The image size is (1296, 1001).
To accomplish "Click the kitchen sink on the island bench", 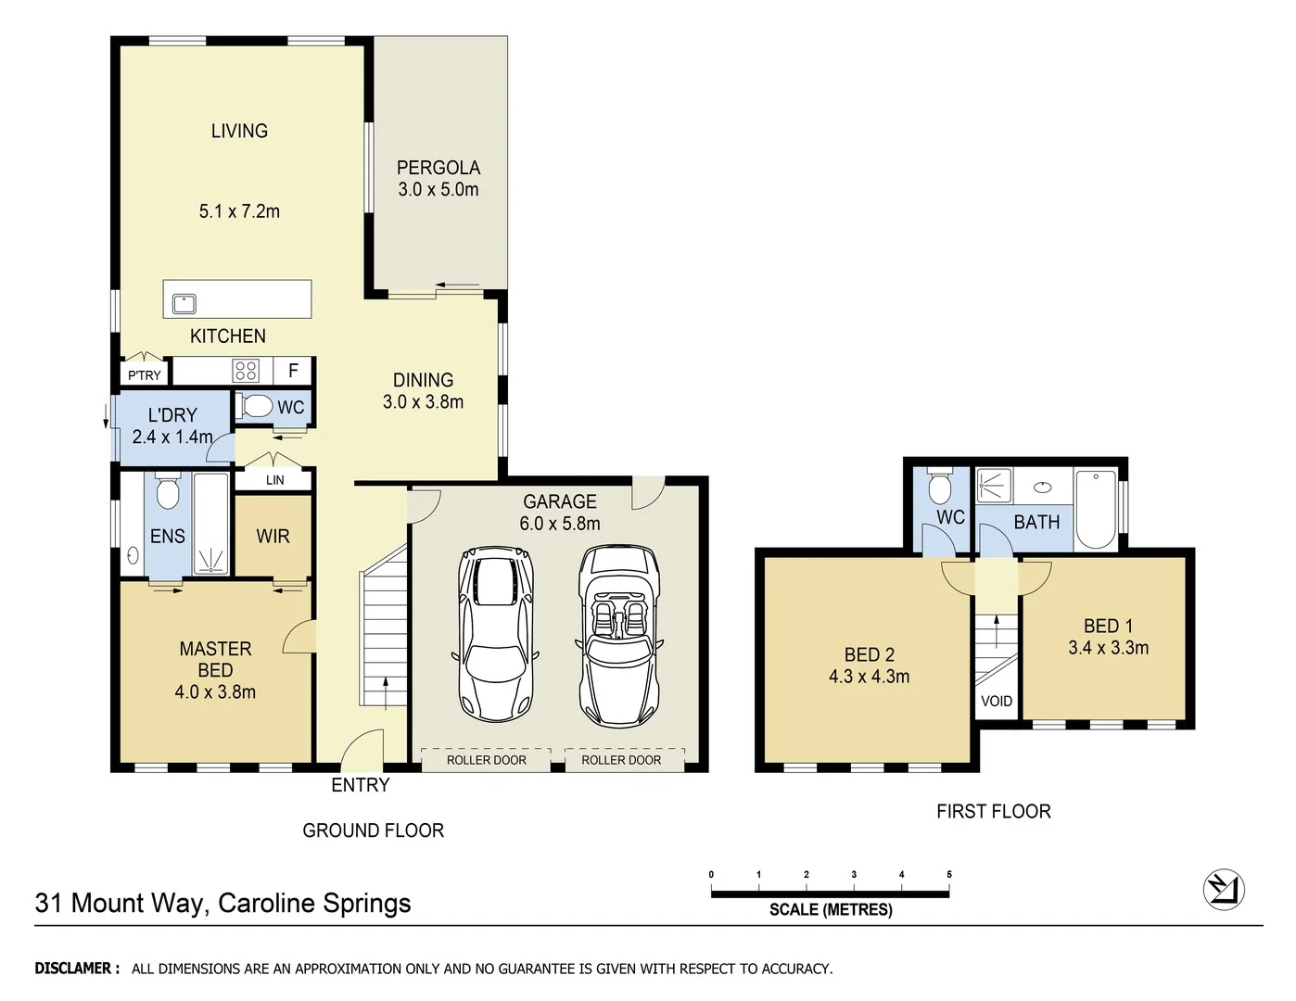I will [x=184, y=303].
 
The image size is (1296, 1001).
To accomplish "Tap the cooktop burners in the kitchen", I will [x=246, y=372].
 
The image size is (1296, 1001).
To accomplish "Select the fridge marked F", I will [x=293, y=371].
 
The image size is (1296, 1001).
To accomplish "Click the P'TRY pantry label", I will [x=144, y=375].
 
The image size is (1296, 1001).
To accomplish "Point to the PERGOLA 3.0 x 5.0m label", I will [x=438, y=179].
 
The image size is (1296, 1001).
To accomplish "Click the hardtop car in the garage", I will [x=495, y=636].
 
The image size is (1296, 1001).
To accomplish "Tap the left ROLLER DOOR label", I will [x=486, y=760].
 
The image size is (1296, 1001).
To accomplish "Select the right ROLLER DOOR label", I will [x=621, y=760].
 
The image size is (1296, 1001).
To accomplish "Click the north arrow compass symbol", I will [x=1224, y=890].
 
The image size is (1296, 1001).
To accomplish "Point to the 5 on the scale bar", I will [x=949, y=874].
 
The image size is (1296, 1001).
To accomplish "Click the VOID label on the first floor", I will [x=997, y=702].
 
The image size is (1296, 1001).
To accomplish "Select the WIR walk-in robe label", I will [x=273, y=537].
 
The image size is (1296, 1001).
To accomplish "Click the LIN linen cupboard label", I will [x=274, y=480].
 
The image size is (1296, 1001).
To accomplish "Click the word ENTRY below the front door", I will [x=361, y=785].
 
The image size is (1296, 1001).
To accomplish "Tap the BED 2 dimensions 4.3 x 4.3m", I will [x=869, y=677].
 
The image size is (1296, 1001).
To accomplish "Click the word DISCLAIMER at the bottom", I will [x=77, y=969].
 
